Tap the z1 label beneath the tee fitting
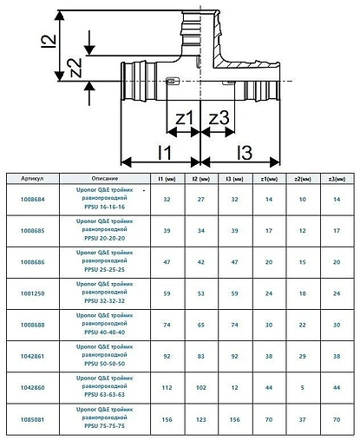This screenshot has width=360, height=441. pyautogui.click(x=184, y=117)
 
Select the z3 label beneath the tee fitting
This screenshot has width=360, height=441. pyautogui.click(x=218, y=117)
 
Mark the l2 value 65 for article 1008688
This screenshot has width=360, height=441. pyautogui.click(x=201, y=323)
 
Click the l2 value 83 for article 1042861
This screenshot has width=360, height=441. pyautogui.click(x=201, y=354)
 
